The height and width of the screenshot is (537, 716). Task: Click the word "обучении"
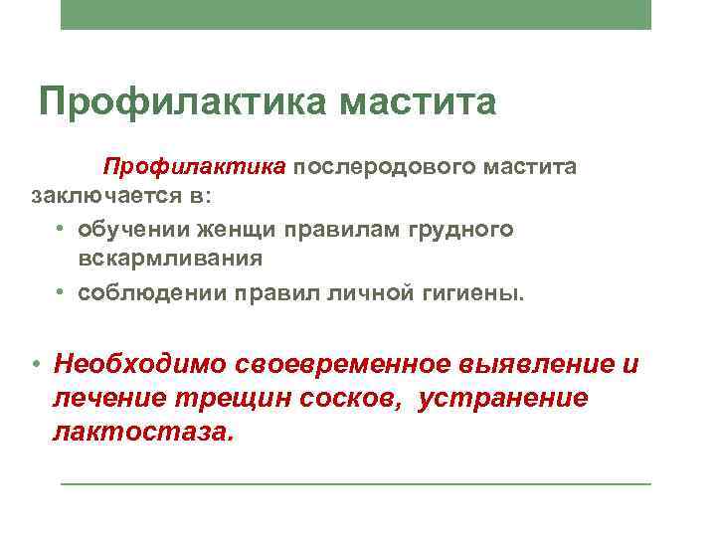126,230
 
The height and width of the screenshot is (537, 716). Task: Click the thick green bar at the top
356,15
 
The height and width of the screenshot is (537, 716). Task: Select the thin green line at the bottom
356,484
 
